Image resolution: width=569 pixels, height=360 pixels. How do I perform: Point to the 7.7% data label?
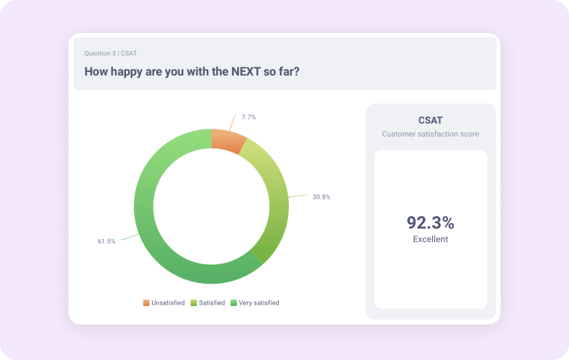coord(248,117)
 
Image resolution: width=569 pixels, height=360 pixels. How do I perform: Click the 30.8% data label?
coord(321,197)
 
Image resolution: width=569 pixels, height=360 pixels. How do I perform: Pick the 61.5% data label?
coord(107,240)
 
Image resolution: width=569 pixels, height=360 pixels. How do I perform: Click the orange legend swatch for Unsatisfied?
coord(146,303)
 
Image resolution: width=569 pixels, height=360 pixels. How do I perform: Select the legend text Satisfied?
coord(211,303)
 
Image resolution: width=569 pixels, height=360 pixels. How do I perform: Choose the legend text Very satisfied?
coord(259,303)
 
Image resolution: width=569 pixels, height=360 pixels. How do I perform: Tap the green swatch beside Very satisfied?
coord(233,303)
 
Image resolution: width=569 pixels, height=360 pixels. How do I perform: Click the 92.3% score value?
coord(431,222)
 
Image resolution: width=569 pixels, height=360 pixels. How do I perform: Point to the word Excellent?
coord(431,239)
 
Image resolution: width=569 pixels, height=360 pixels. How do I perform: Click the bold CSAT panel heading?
coord(431,120)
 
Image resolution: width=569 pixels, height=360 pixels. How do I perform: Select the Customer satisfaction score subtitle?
coord(431,134)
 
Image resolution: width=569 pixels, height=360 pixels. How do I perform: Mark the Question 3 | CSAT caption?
coord(110,53)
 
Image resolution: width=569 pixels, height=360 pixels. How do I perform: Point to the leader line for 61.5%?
coord(128,236)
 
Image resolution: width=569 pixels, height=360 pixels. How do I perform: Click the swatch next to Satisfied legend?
coord(194,303)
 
